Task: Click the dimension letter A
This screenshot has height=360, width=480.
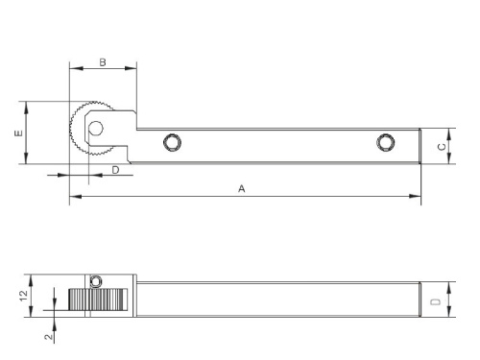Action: (x=242, y=189)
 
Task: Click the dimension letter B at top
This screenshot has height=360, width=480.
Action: (x=103, y=62)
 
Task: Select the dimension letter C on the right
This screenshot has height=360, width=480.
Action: (x=442, y=147)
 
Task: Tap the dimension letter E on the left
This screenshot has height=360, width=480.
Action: (x=19, y=132)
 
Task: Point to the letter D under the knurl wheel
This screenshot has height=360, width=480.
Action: (x=115, y=170)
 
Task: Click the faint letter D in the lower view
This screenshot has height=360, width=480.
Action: (x=436, y=301)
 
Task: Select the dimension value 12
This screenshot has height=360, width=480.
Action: (x=24, y=296)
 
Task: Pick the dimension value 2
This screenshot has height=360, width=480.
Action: (x=48, y=337)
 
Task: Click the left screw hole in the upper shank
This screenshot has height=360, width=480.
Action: (x=172, y=142)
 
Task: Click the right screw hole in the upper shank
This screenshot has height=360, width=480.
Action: (x=386, y=142)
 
